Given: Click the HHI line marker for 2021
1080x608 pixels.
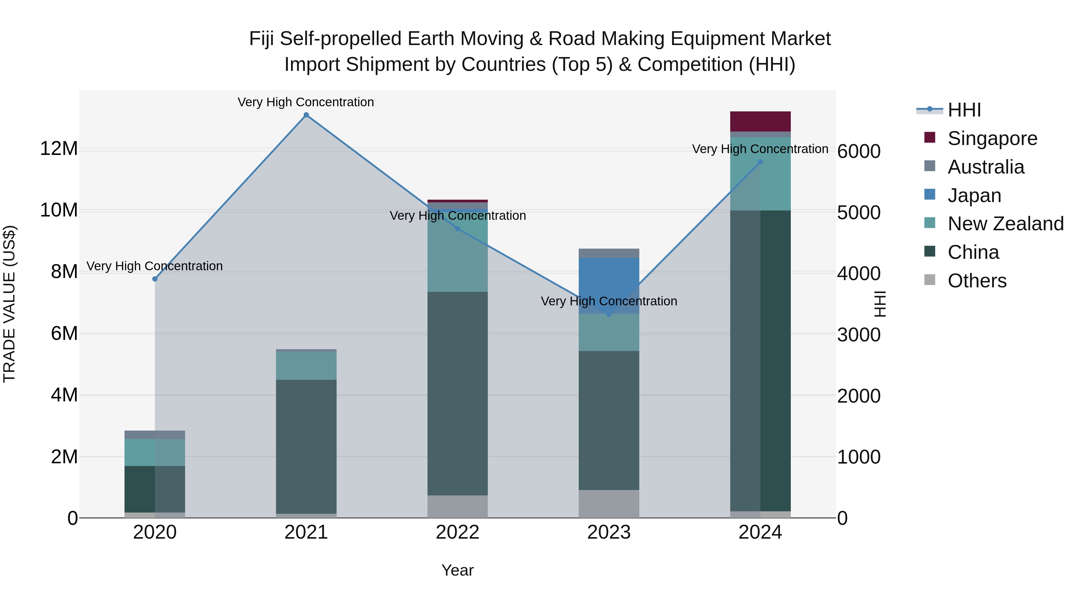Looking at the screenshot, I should point(306,115).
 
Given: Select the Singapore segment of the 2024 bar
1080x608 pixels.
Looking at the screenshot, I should point(760,121).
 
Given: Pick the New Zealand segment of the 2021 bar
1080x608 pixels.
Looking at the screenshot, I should point(306,365).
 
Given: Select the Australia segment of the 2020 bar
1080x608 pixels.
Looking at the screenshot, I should point(155,435).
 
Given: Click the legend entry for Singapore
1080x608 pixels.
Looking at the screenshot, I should point(992,138).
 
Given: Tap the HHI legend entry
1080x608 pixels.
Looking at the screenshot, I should point(964,110).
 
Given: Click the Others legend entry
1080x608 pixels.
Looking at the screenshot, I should point(976,281).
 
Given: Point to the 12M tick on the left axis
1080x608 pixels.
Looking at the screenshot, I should point(59,149).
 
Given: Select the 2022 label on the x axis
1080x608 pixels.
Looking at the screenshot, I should point(457,532).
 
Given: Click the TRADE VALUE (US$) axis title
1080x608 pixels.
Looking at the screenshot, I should point(9,304).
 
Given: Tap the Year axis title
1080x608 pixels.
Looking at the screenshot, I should point(457,570).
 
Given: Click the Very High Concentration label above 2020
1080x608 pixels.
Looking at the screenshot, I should point(155,266).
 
